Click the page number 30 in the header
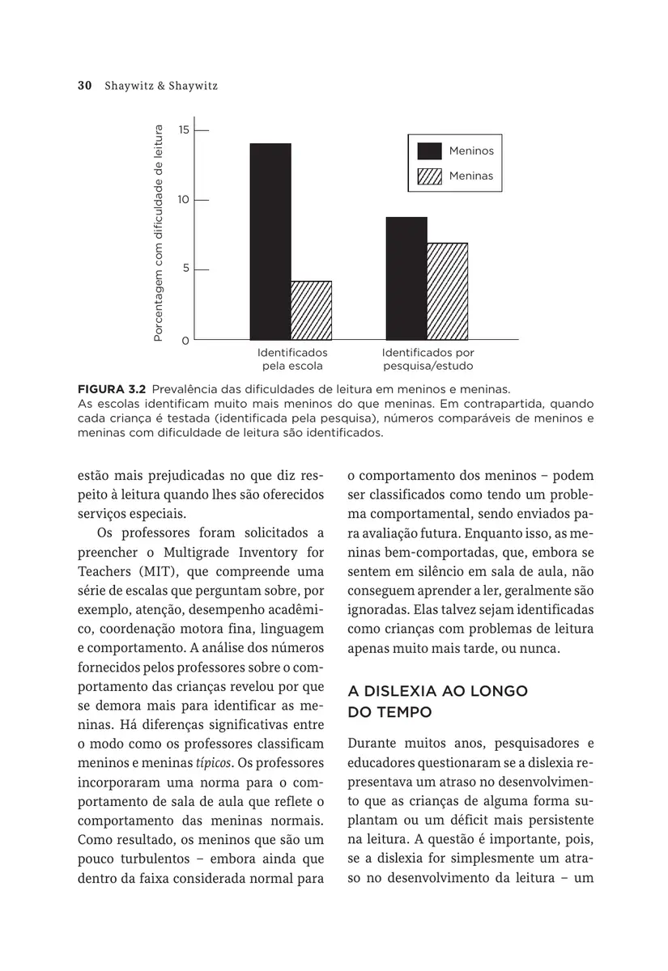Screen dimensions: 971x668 click(83, 86)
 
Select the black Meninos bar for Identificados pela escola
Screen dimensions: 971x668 click(270, 240)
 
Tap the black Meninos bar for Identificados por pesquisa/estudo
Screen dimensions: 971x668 click(406, 278)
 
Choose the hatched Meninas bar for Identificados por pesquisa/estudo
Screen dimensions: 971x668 click(447, 290)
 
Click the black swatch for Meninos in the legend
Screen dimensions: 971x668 click(430, 151)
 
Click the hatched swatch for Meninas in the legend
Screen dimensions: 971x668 click(430, 176)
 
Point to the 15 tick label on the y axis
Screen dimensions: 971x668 click(185, 129)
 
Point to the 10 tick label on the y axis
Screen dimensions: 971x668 click(185, 199)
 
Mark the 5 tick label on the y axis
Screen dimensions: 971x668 click(186, 269)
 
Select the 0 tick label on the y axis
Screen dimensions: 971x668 click(186, 341)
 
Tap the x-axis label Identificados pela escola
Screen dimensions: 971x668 click(291, 359)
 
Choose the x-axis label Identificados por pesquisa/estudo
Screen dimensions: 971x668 click(428, 359)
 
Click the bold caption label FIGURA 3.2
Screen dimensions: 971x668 click(111, 388)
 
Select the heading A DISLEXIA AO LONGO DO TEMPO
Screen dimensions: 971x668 click(437, 702)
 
